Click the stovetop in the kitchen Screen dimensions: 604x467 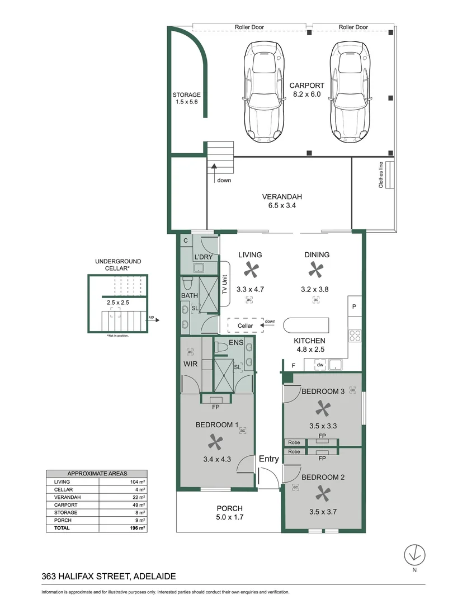355,336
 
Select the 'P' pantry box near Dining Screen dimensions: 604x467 355,306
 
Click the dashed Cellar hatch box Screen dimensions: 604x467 246,325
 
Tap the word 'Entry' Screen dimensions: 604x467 268,459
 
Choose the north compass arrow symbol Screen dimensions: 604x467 414,555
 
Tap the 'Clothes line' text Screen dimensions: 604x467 381,174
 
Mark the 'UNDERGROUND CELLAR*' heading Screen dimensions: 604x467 118,265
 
